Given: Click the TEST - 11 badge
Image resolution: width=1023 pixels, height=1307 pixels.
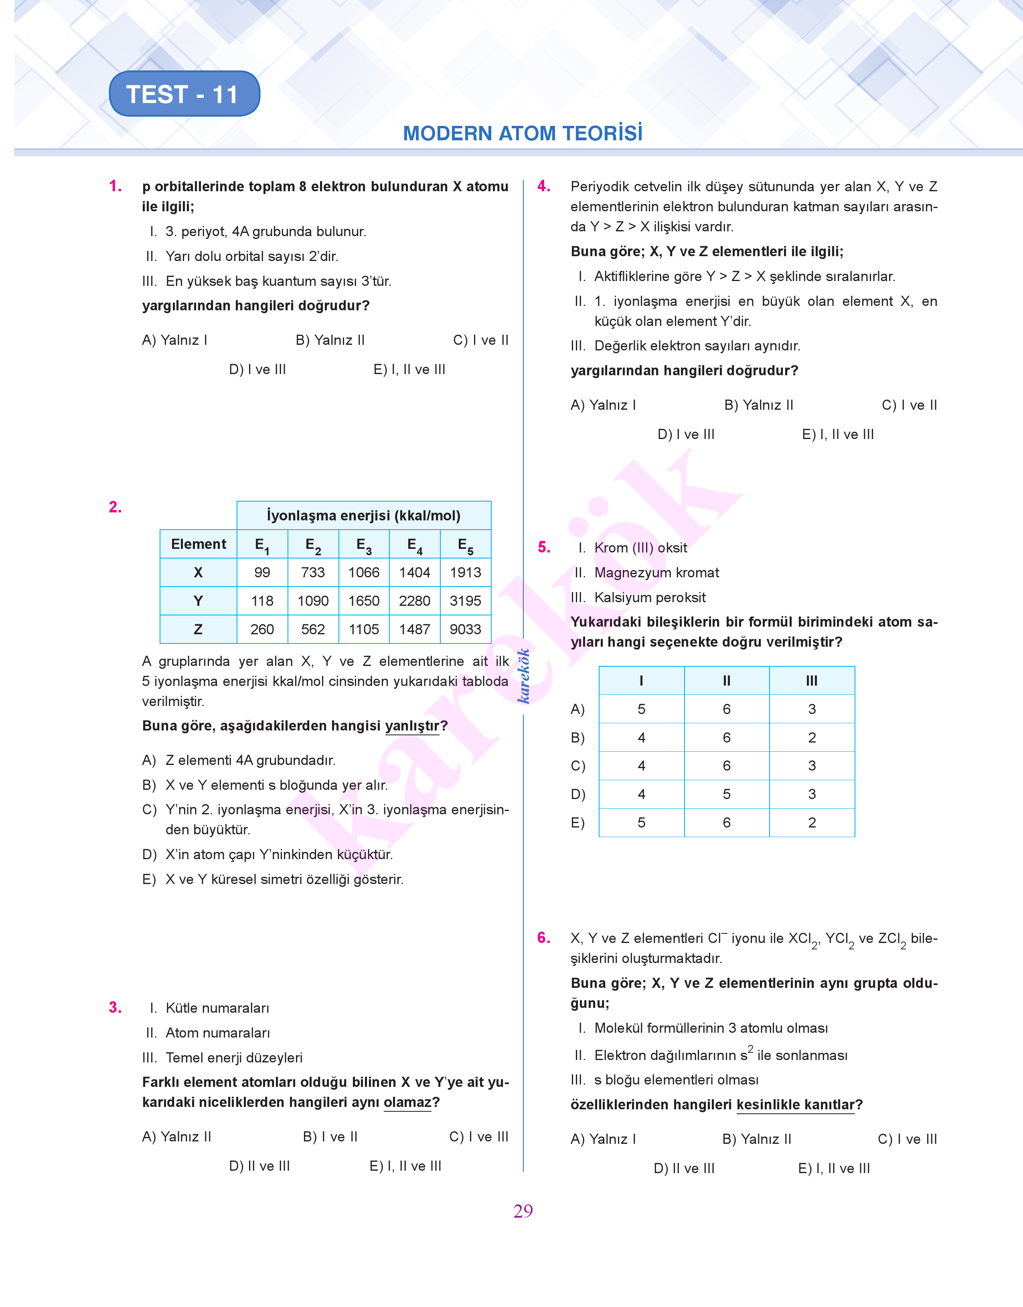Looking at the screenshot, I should [x=184, y=94].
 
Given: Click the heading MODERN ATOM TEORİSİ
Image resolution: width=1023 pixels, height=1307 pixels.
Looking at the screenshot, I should [x=522, y=133].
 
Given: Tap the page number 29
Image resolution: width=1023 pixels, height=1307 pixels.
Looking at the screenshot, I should [x=523, y=1211].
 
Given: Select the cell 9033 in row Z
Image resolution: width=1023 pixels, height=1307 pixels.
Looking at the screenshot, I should [x=465, y=629].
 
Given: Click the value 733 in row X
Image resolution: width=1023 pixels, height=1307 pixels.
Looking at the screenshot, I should [x=313, y=573].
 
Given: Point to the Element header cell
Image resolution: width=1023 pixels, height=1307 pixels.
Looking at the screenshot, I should [x=198, y=544].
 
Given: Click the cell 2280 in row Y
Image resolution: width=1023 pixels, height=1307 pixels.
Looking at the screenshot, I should [x=415, y=601].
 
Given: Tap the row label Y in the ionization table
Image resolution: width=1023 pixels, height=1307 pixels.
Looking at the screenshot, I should [x=198, y=601].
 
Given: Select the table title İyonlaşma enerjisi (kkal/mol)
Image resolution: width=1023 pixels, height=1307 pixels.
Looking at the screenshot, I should [x=364, y=516].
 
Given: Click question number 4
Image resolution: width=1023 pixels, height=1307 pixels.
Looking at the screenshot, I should [x=543, y=186].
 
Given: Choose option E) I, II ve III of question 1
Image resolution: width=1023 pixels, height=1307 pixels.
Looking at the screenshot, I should [x=409, y=369].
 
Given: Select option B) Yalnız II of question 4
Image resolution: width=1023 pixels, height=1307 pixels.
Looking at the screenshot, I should [x=758, y=405].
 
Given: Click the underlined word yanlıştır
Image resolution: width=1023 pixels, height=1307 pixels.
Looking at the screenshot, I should [x=412, y=726].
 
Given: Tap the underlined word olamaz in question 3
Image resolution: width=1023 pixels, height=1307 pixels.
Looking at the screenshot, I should [x=407, y=1102].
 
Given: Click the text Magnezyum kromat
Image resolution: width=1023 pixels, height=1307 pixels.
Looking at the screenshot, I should [x=656, y=573].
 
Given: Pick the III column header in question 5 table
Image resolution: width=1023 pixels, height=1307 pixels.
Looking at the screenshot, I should [x=812, y=681].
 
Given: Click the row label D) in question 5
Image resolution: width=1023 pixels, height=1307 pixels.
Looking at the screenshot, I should [x=578, y=795].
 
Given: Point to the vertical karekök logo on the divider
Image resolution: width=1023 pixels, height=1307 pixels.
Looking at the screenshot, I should [x=523, y=676].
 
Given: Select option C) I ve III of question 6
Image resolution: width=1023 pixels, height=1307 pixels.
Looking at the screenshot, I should [x=907, y=1139].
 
